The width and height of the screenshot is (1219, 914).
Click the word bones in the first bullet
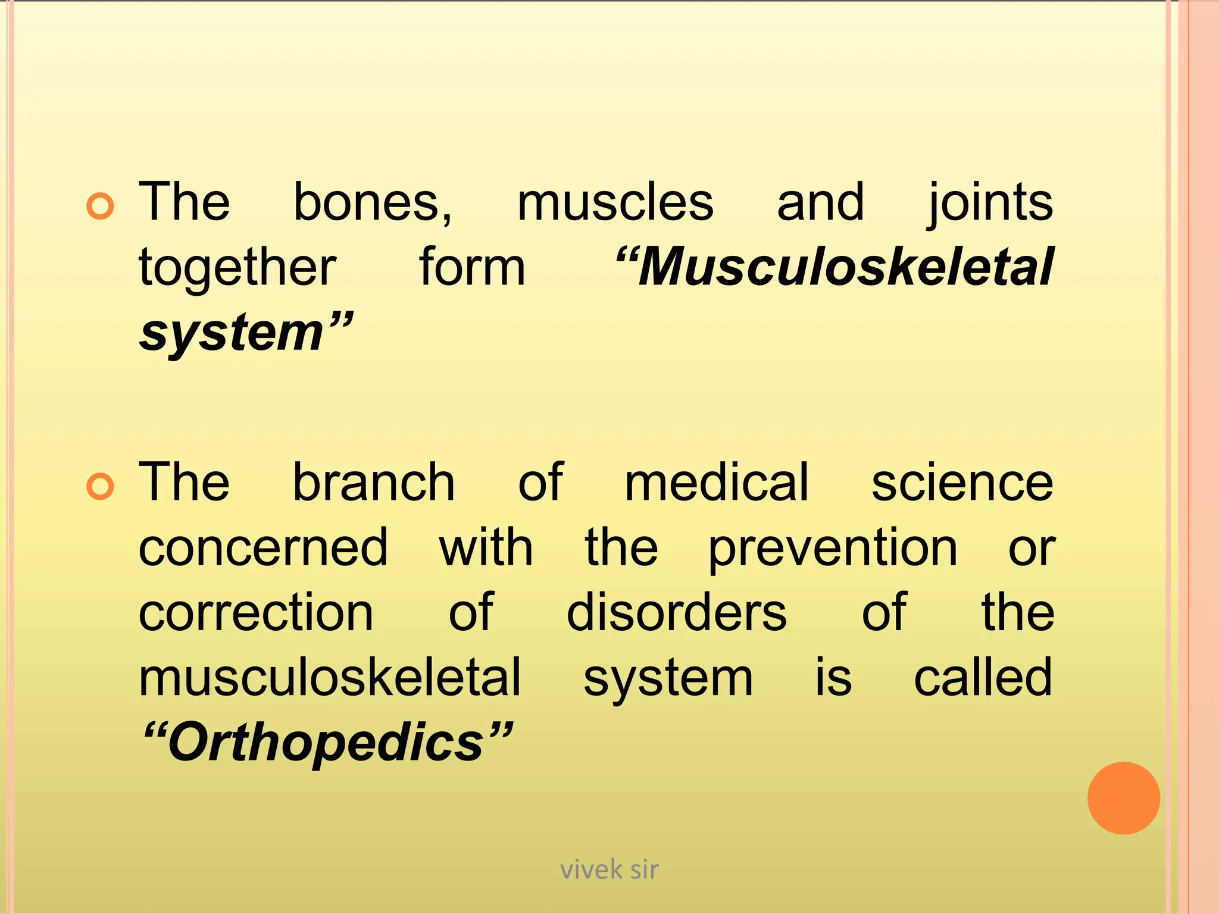click(x=372, y=203)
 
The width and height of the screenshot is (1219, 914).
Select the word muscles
click(x=615, y=203)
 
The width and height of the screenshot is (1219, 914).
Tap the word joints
click(x=990, y=203)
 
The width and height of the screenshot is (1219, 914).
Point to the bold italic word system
click(x=232, y=333)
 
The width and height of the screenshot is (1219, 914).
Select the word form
click(x=472, y=268)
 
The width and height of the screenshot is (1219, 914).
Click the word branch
click(x=374, y=483)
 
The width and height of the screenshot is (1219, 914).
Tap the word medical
click(x=717, y=483)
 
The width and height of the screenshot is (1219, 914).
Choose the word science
click(x=962, y=484)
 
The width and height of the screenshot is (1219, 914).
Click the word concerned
click(x=263, y=548)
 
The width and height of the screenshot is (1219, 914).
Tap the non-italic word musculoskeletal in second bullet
click(x=330, y=678)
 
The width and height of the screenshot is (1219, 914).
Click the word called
click(x=983, y=678)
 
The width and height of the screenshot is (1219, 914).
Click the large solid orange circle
click(x=1123, y=798)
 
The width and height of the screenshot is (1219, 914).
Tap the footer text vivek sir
click(x=609, y=870)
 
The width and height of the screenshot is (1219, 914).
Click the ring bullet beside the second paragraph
click(x=100, y=487)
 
